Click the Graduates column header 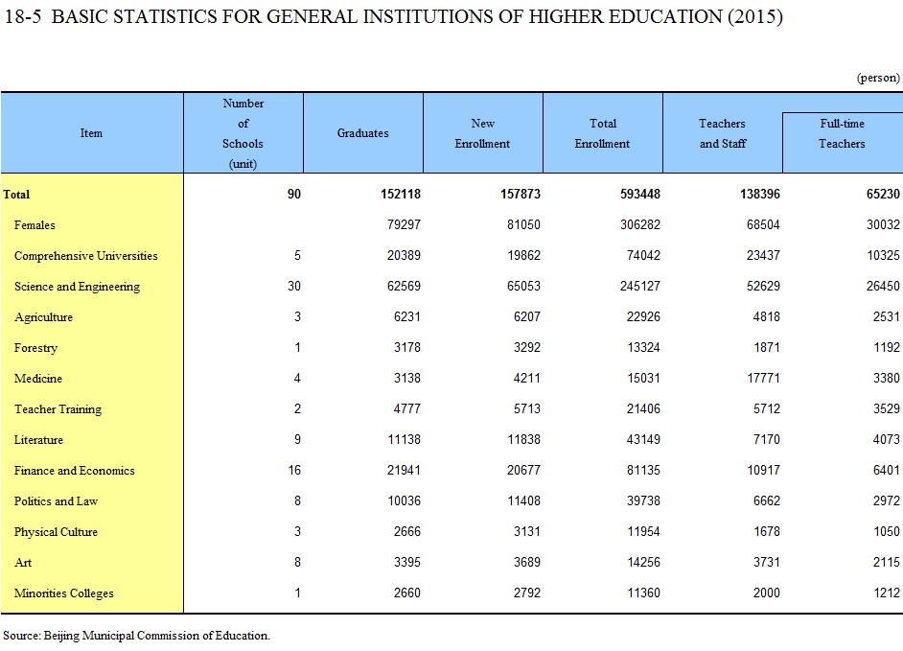[362, 133]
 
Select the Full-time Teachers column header [842, 133]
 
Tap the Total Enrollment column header [602, 133]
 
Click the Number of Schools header [243, 133]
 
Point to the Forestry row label [35, 348]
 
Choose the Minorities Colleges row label [64, 593]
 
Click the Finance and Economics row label [74, 471]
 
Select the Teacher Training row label [58, 409]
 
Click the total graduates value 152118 [401, 194]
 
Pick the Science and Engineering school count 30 [294, 287]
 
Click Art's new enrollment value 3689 [527, 562]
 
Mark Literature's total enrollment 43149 [643, 439]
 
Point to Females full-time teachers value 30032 [883, 224]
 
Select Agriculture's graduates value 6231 [407, 316]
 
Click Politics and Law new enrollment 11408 [523, 501]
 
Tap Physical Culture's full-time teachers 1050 [887, 532]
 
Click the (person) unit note [878, 78]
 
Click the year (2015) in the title [755, 16]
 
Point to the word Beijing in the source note [61, 636]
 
